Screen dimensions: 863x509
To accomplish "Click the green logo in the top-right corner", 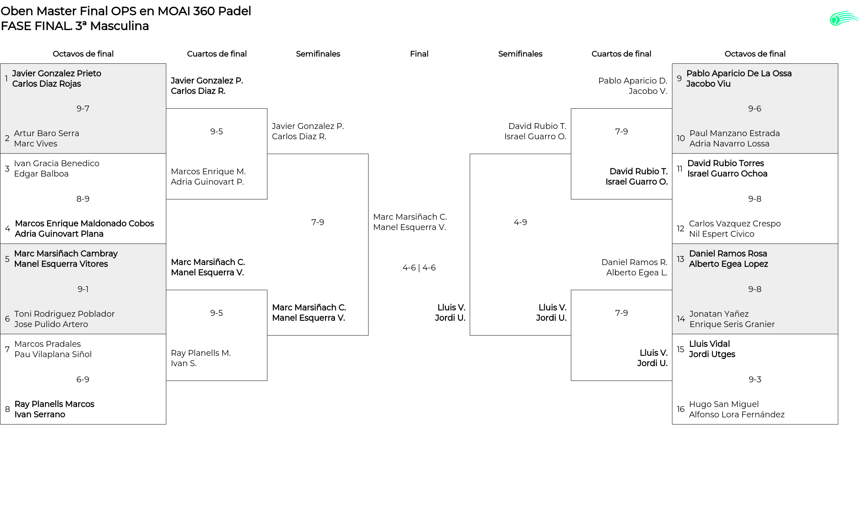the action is [844, 19].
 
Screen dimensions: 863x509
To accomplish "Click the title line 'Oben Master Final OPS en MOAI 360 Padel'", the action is [126, 11].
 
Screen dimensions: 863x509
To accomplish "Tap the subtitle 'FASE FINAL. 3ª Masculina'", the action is [75, 26].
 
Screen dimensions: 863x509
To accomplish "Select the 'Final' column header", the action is [419, 54].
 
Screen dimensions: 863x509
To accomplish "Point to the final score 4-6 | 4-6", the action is [419, 268].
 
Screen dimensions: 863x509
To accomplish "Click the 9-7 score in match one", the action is [83, 108].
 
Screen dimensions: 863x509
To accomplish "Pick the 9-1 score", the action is [83, 289].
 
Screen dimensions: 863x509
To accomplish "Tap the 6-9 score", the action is [83, 380].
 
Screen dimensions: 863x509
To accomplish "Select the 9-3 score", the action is [755, 380].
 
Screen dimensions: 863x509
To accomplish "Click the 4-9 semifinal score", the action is [520, 222].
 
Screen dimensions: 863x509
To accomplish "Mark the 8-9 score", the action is [83, 199].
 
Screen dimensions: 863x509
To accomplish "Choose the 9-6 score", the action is [755, 108].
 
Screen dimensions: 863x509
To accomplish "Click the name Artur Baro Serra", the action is [46, 133].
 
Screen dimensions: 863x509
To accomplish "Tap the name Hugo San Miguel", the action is [724, 404].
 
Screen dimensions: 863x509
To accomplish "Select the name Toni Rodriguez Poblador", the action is [64, 314].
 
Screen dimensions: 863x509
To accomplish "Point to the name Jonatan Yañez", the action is [719, 314].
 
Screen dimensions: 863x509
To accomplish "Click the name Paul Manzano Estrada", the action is [734, 133].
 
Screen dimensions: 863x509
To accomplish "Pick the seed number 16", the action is [681, 409].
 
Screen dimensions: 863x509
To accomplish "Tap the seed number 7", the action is [7, 349].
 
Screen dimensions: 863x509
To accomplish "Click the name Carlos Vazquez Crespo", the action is [735, 224].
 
